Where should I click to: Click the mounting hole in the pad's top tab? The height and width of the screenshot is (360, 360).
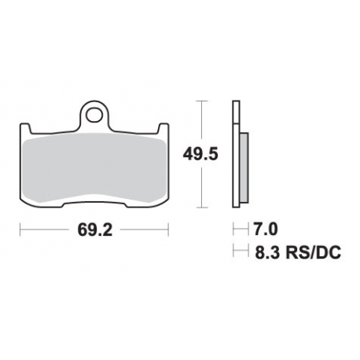point(95,116)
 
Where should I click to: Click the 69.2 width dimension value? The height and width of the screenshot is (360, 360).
point(94,232)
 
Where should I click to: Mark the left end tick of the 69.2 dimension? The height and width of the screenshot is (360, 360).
point(20,231)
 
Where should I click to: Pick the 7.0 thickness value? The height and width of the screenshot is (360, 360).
point(265,232)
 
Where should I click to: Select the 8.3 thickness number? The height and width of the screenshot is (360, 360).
point(266,252)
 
